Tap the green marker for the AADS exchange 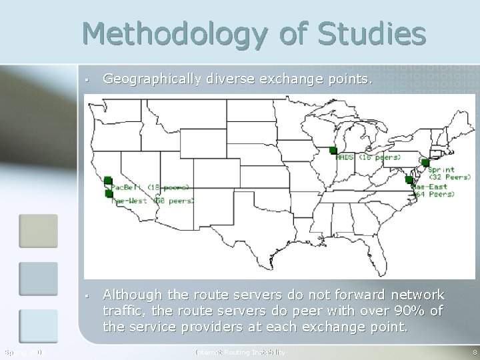click(x=333, y=151)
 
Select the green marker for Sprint click(x=424, y=162)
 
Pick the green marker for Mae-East click(x=409, y=179)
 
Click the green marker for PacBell click(x=107, y=180)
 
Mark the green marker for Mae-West click(x=109, y=193)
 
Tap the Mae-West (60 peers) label click(x=153, y=200)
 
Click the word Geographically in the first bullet click(x=151, y=80)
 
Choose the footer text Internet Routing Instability click(x=239, y=351)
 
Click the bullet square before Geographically click(x=87, y=81)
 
